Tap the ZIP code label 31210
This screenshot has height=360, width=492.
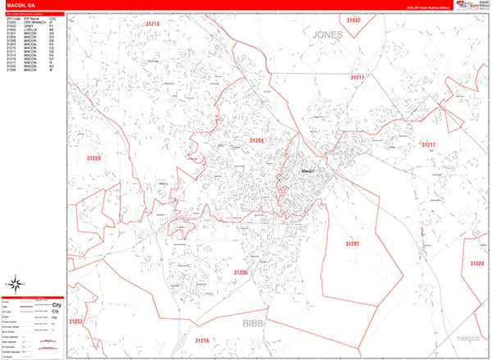click(x=153, y=25)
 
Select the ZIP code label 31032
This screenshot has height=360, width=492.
click(x=353, y=19)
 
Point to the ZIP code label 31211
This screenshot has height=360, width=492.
click(x=358, y=77)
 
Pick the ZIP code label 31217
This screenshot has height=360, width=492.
click(x=429, y=144)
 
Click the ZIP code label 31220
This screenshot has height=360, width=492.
click(x=93, y=158)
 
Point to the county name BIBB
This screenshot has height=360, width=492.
click(x=254, y=323)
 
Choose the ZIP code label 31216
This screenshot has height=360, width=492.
click(x=203, y=339)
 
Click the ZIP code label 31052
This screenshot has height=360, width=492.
click(x=76, y=322)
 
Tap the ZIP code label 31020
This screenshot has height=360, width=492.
click(x=477, y=263)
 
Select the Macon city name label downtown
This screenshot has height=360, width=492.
click(x=308, y=171)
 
